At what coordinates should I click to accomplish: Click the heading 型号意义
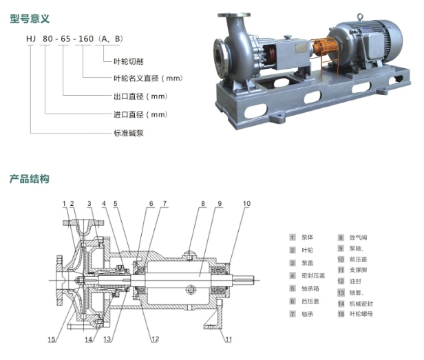click(30, 19)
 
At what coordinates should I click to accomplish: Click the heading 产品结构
click(30, 179)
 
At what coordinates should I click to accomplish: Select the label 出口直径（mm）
click(140, 97)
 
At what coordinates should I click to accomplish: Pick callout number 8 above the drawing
click(203, 204)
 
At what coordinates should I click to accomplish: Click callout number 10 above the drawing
click(247, 204)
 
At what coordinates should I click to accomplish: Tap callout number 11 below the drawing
click(229, 339)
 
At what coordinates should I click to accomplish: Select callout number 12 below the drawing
click(156, 339)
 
